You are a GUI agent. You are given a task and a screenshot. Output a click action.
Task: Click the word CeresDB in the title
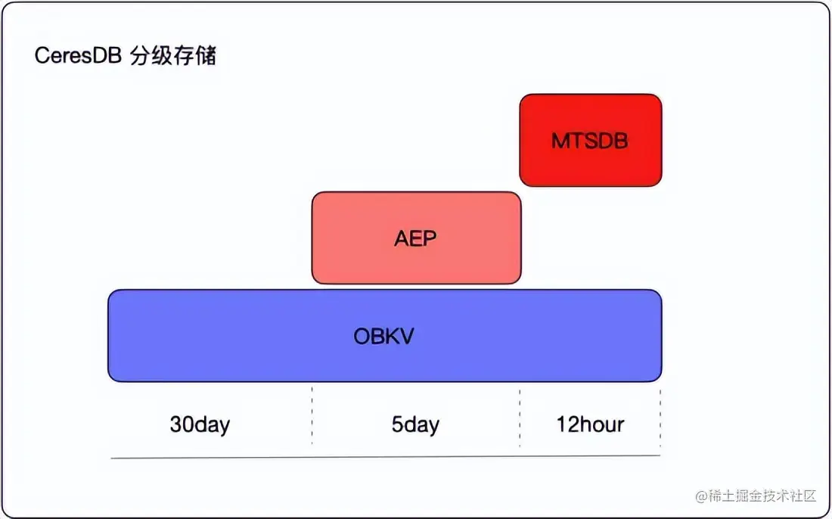point(78,57)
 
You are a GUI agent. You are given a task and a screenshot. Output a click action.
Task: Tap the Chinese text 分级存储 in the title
point(173,57)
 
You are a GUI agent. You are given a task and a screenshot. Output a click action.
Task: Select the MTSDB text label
point(590,141)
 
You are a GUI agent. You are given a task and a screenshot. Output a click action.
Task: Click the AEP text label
point(416,238)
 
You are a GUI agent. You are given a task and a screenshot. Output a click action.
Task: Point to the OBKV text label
point(384,336)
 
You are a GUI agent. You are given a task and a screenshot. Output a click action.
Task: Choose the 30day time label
point(200,424)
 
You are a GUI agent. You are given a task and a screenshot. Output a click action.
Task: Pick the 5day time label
point(415,424)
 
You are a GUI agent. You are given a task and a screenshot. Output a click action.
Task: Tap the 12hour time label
point(590,424)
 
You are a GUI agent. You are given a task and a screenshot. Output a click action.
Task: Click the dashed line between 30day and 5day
point(312,416)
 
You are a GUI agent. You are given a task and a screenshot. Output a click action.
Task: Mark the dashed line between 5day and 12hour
point(520,416)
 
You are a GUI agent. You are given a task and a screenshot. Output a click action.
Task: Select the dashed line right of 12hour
point(660,416)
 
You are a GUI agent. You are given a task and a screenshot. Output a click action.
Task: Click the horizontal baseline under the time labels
point(386,457)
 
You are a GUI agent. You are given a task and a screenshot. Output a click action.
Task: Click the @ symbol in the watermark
point(700,496)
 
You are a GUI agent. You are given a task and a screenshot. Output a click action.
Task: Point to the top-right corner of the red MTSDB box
point(660,97)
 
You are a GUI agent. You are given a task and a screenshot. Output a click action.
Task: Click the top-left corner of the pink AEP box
point(315,194)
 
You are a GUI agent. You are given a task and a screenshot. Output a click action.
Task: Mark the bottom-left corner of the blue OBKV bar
point(110,378)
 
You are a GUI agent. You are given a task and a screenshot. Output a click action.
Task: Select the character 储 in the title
point(206,57)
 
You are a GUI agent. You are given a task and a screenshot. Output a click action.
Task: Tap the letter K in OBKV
point(391,336)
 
